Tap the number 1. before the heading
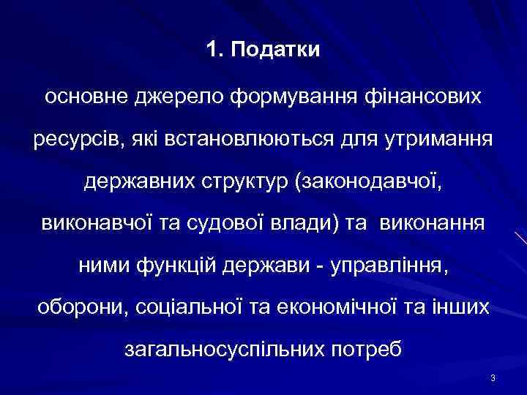point(214,52)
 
